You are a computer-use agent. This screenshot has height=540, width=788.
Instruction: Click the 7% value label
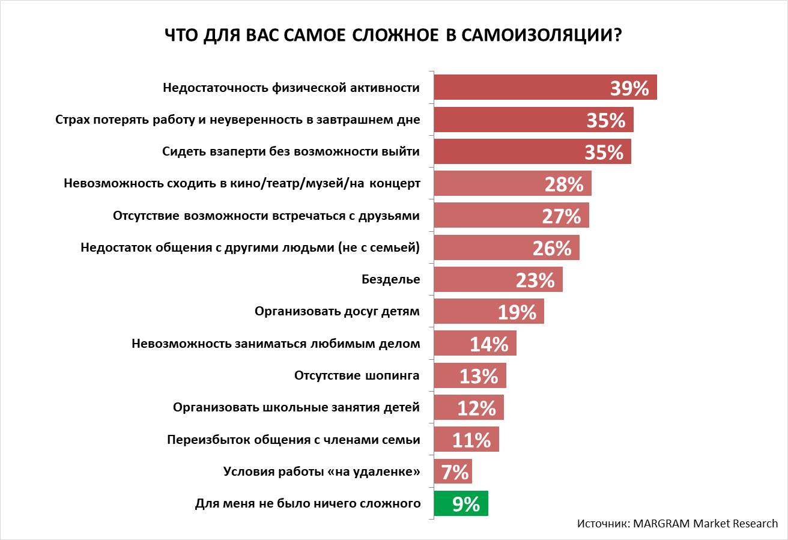click(x=455, y=472)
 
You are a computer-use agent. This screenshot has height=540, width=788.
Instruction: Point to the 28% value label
click(x=564, y=184)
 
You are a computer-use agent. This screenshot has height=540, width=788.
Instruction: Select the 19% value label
click(x=517, y=312)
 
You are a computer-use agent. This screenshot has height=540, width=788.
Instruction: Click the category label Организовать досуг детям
click(x=337, y=311)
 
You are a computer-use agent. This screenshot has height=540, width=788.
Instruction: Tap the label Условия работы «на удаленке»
click(x=321, y=472)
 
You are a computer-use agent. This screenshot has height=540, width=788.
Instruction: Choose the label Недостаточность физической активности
click(x=291, y=88)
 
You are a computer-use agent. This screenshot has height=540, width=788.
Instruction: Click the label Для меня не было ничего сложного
click(x=308, y=503)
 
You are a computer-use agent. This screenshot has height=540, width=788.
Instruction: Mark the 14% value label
click(x=489, y=344)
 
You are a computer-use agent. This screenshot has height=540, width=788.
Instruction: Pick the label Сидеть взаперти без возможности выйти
click(x=291, y=151)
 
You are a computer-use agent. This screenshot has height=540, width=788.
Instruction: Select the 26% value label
click(x=551, y=248)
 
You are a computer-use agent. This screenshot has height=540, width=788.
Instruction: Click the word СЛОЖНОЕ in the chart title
click(x=388, y=35)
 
